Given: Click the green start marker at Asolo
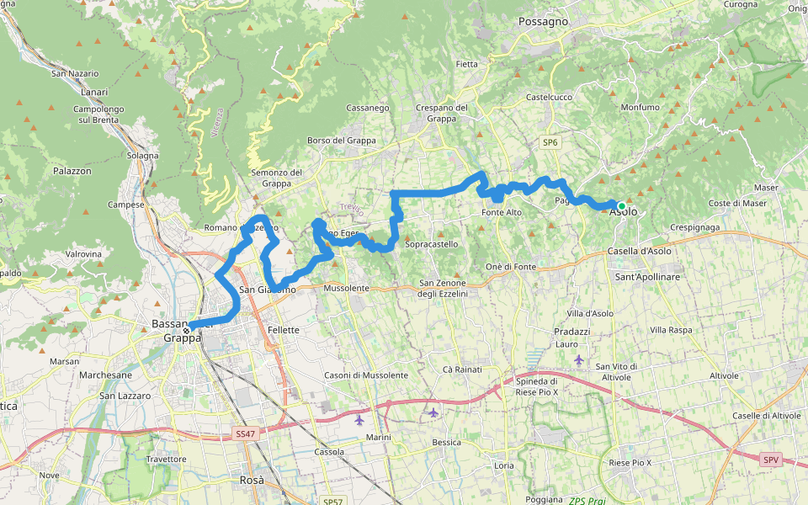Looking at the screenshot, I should click(x=621, y=205).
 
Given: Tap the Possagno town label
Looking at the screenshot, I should click(x=543, y=21).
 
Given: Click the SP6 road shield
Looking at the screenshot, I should click(x=550, y=143).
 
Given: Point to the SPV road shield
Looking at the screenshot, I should click(x=770, y=460).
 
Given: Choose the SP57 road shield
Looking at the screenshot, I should click(x=331, y=501).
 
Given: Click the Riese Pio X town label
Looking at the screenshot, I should click(x=630, y=463).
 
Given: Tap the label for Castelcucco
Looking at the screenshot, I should click(x=549, y=97).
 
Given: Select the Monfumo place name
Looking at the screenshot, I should click(x=640, y=108).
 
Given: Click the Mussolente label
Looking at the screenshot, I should click(x=346, y=288).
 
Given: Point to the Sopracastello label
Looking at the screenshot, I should click(x=432, y=244).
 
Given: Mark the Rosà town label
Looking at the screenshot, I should click(x=252, y=480).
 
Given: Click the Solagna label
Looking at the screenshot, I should click(x=142, y=156).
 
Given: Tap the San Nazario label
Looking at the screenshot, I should click(x=75, y=74).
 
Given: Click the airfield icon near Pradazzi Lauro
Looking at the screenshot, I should click(x=578, y=359).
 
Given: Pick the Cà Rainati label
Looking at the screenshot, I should click(x=462, y=369).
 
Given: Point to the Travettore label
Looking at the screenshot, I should click(x=166, y=459).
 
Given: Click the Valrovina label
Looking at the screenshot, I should click(x=83, y=253).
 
